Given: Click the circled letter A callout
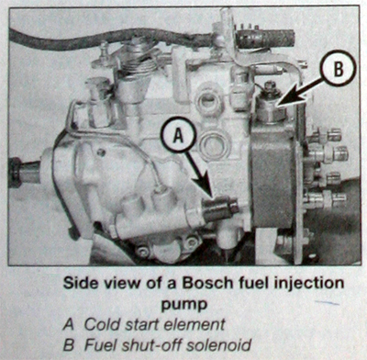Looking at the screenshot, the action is tap(179, 136).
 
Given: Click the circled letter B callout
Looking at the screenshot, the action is tap(339, 70).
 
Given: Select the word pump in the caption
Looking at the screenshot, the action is tap(184, 304).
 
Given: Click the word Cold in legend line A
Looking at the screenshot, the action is tap(99, 324).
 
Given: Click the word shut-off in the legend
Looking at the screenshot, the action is tap(150, 344).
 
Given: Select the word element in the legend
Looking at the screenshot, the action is tap(195, 324).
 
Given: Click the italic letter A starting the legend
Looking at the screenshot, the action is tap(69, 324).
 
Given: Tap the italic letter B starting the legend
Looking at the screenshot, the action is tap(69, 345).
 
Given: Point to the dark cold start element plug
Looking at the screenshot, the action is tap(219, 208).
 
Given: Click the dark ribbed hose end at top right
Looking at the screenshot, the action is tap(265, 39).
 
